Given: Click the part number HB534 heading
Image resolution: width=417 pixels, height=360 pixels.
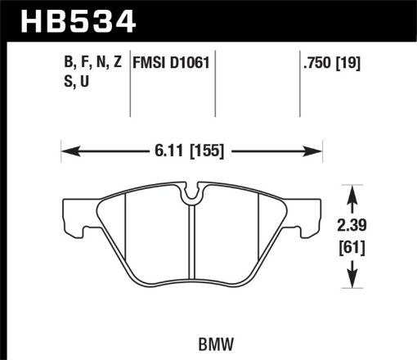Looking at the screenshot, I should [73, 20].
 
